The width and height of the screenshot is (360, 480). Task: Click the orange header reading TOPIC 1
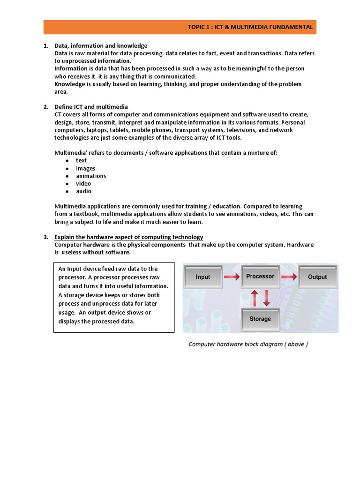coord(180,27)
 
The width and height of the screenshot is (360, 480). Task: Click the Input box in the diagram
coord(203,277)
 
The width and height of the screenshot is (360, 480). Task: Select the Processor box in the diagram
coord(260,277)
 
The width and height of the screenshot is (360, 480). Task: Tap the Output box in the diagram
coord(317,277)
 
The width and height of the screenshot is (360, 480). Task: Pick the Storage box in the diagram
coord(260,319)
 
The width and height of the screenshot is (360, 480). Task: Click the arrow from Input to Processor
coord(232,277)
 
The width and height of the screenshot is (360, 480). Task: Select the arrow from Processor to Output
coord(289,277)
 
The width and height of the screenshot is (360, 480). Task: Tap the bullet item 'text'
coord(82,160)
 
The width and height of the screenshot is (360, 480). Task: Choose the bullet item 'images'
coord(85,168)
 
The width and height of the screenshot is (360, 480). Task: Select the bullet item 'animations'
coord(91,176)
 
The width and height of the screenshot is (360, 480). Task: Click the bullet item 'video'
coord(83,183)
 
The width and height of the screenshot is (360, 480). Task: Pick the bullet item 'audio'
coord(83,191)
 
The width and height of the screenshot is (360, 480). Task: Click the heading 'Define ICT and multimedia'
coord(91,107)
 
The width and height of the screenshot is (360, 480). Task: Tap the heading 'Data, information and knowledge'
coord(101,45)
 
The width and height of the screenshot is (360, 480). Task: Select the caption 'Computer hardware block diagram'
coord(248,344)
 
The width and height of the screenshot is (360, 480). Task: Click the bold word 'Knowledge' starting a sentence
coord(70,84)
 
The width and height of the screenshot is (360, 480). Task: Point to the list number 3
coord(46,237)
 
